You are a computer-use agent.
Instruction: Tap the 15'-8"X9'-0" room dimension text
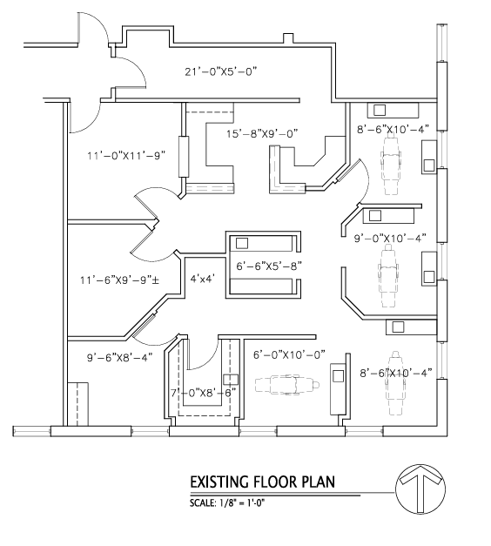262,134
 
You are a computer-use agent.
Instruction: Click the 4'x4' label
203,280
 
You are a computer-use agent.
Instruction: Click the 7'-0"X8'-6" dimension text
203,393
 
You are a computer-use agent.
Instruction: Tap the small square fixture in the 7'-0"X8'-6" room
232,380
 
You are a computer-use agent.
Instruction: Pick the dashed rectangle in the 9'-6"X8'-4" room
82,404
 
